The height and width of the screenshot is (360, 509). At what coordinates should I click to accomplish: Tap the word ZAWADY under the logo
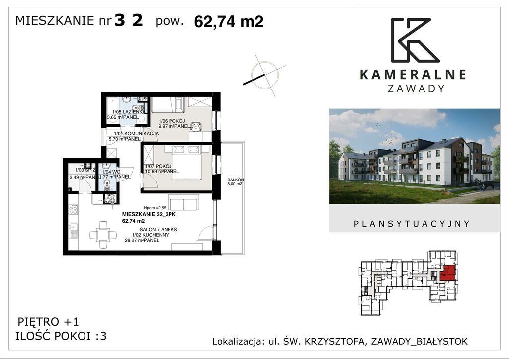tap(412, 89)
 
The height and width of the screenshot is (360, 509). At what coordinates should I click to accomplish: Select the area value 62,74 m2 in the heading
tap(229, 22)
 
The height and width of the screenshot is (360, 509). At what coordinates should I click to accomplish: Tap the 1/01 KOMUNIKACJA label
tap(136, 134)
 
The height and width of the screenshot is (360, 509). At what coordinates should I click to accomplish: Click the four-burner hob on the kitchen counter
tap(110, 198)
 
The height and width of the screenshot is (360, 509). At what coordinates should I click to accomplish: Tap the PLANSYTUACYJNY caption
tap(412, 224)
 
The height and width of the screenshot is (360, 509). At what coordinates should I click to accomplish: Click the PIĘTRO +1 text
tap(48, 322)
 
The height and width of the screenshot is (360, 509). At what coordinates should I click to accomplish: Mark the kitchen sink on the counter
tap(73, 230)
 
